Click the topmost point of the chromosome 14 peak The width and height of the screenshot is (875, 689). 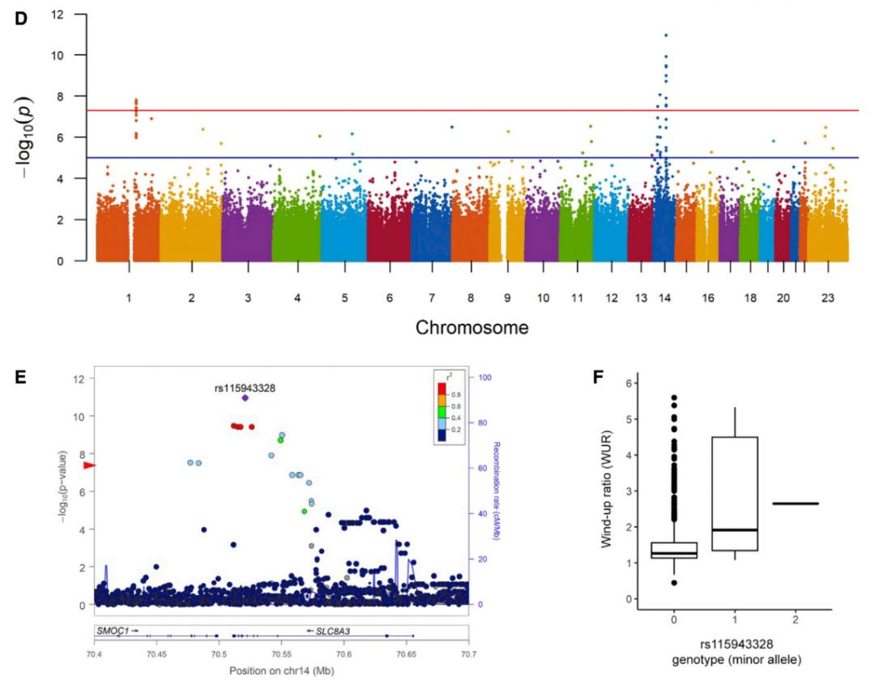click(x=666, y=35)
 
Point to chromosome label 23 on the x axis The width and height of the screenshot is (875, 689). click(x=827, y=297)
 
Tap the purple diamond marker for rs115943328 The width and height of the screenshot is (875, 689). click(x=245, y=398)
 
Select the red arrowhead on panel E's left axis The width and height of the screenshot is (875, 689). click(x=90, y=465)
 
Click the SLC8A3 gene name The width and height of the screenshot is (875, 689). click(x=334, y=629)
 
